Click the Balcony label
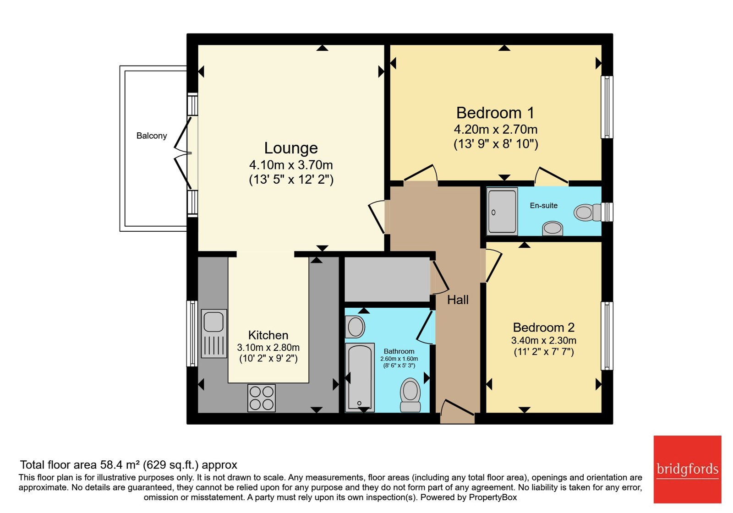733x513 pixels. coord(152,136)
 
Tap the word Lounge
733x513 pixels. coord(291,148)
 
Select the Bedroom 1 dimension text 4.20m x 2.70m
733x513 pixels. coord(495,130)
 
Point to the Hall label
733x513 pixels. coord(458,300)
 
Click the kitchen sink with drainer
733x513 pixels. coord(214,333)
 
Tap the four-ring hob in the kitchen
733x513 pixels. coord(262,398)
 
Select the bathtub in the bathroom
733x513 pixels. coord(360,377)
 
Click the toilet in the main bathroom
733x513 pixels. coord(410,395)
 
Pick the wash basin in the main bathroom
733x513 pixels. coord(355,327)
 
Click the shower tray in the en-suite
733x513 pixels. coord(502,211)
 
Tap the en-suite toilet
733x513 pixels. coord(587,213)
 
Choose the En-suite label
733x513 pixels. coord(543,206)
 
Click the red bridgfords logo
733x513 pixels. coord(687,469)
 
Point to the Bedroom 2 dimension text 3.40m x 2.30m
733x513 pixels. coord(543,341)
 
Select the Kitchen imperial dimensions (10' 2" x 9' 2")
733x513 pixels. coord(268,359)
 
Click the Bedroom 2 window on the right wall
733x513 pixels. coord(607,336)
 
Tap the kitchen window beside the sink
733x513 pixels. coord(192,333)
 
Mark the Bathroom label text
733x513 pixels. coord(399,351)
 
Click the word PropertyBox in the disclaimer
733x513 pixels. coord(493,497)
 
